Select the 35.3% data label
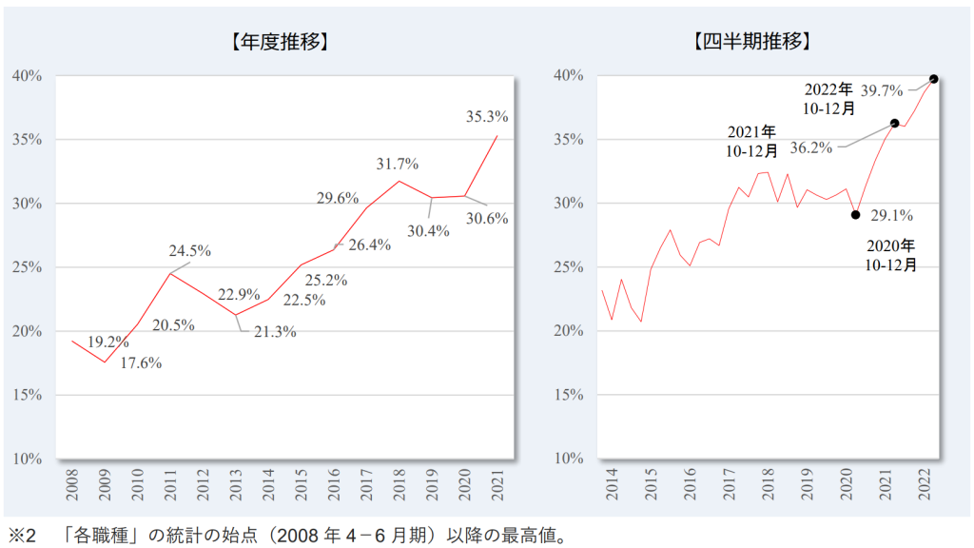pos(487,117)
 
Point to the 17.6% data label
pos(141,362)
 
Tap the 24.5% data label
pos(189,251)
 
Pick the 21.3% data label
pos(275,332)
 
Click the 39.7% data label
pos(882,91)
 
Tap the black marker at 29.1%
pos(856,215)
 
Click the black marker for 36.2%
pos(894,123)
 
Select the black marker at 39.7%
pos(933,79)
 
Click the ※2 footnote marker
pos(21,536)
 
